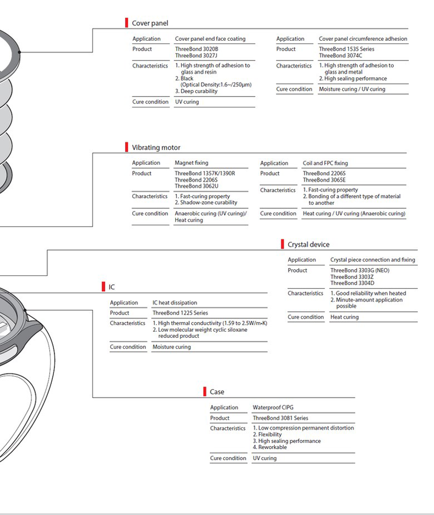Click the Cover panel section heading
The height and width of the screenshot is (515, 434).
(x=150, y=23)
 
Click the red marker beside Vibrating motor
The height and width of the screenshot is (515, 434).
(x=127, y=147)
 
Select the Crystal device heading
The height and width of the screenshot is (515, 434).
(x=308, y=245)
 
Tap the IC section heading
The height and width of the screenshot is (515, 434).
(x=112, y=287)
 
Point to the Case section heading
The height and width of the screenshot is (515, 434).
(x=217, y=392)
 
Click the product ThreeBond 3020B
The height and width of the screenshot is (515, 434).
(x=197, y=49)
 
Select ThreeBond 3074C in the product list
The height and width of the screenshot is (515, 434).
(x=340, y=56)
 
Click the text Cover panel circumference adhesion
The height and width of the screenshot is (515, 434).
(x=363, y=39)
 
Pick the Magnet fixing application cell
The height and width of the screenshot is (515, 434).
(x=192, y=163)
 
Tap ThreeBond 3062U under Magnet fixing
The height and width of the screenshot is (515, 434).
(x=197, y=186)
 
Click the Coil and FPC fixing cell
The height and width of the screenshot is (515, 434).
(x=325, y=163)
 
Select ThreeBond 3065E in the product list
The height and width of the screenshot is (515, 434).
(x=324, y=180)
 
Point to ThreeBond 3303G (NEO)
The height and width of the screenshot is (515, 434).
(x=360, y=270)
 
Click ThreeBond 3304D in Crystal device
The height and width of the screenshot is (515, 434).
(x=352, y=283)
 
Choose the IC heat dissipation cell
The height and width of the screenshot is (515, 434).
(x=175, y=303)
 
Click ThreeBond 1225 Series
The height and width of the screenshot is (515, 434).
(x=180, y=313)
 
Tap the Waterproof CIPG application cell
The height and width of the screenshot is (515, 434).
(x=273, y=408)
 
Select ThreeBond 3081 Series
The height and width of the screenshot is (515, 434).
(x=280, y=418)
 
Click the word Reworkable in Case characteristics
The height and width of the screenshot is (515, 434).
(x=273, y=447)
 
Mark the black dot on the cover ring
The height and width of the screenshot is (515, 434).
(x=19, y=52)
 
